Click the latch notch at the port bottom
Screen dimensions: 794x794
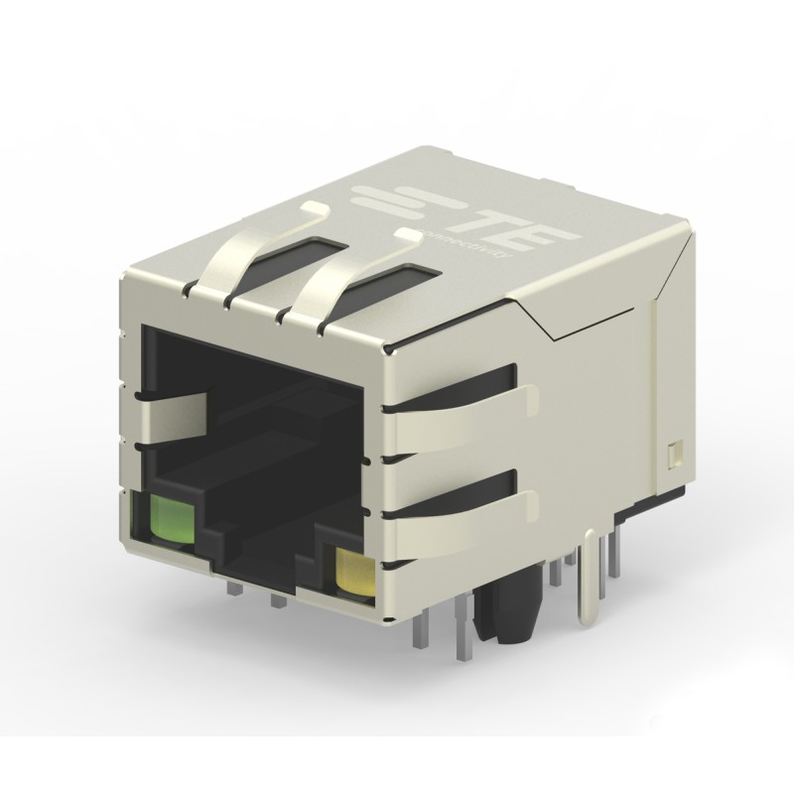(263, 568)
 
